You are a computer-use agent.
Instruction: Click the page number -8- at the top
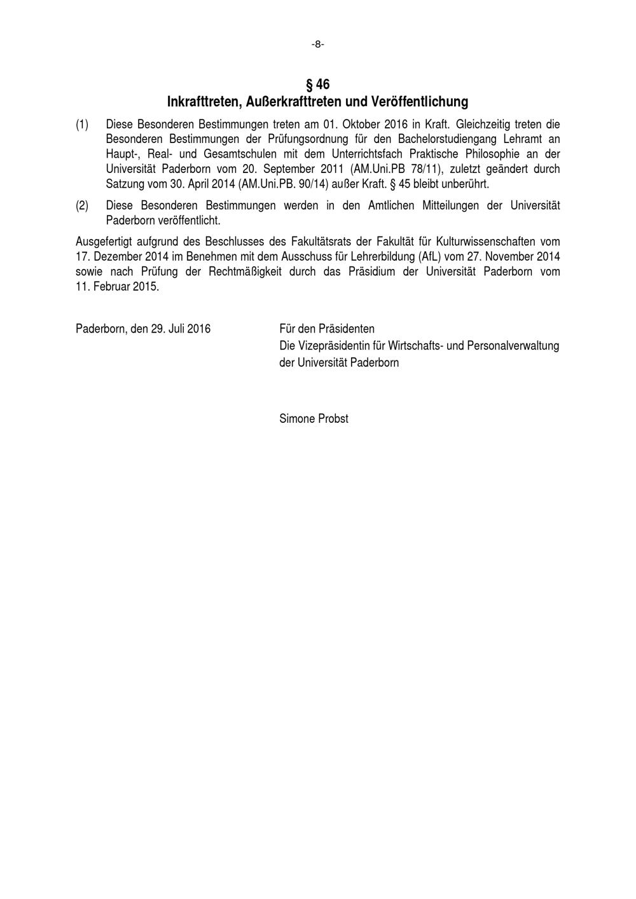[317, 44]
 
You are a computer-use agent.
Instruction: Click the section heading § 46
[317, 85]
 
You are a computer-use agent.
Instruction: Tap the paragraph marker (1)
[82, 124]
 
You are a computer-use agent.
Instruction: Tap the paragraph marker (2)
[82, 205]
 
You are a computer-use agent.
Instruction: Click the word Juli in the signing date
[176, 329]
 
